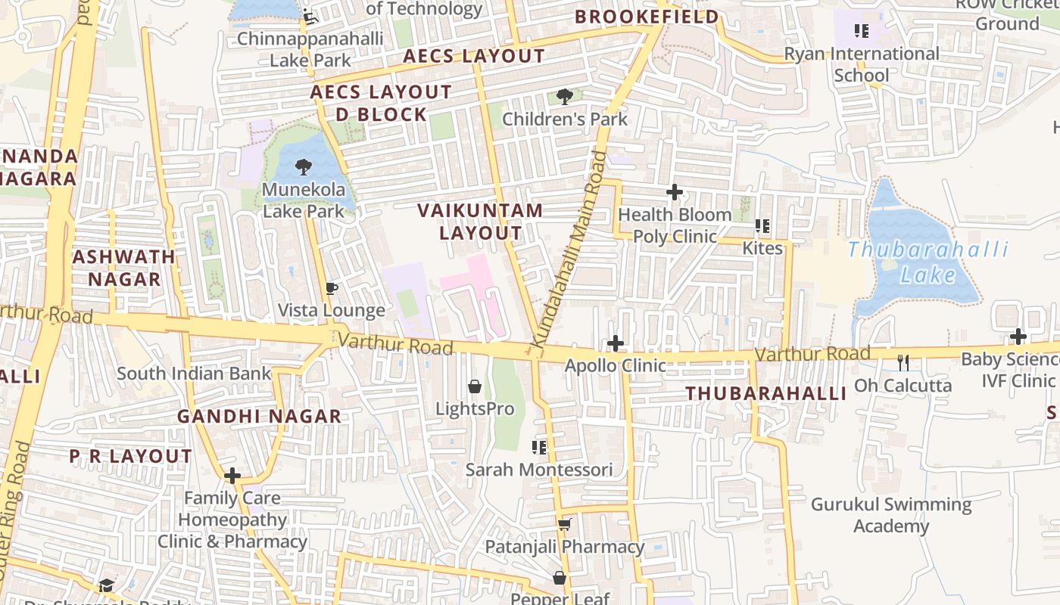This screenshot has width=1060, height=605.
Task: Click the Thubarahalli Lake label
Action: (928, 262)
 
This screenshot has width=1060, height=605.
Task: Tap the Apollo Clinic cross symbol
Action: (616, 343)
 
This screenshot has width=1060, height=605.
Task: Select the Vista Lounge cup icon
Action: (331, 288)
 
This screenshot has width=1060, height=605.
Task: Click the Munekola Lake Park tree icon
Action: (304, 166)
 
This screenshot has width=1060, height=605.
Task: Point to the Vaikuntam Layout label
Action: (481, 222)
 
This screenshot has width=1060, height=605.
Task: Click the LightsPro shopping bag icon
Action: (475, 386)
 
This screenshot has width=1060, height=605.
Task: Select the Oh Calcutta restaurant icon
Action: (903, 362)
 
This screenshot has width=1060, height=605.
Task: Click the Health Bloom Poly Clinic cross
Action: (674, 192)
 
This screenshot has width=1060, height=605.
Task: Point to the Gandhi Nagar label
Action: (259, 416)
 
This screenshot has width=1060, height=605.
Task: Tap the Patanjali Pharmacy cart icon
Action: (564, 524)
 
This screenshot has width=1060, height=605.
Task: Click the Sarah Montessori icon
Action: (539, 447)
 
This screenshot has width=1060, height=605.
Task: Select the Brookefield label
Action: (647, 17)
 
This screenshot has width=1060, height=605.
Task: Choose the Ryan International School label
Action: (862, 64)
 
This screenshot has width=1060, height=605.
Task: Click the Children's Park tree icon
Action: (564, 96)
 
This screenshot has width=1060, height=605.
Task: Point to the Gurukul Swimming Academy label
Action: (891, 515)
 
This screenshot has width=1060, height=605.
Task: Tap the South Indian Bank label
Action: (194, 373)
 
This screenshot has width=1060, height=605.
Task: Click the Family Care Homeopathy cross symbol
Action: (232, 476)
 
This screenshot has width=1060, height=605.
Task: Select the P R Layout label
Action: (131, 456)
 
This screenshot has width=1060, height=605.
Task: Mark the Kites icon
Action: (762, 225)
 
